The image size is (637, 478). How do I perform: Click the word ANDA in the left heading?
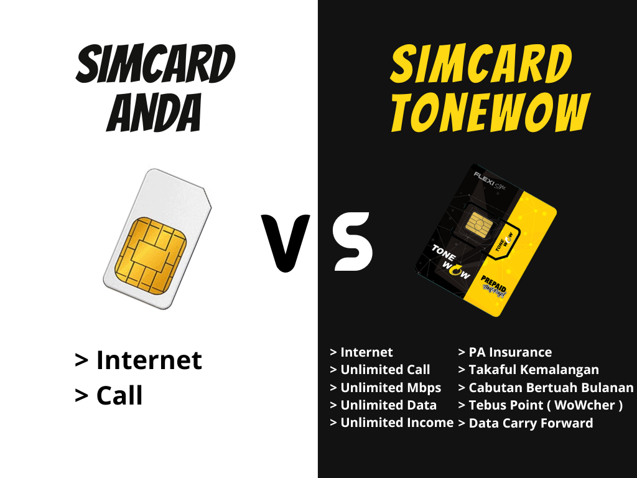point(154,112)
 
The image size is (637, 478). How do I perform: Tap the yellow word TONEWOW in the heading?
point(490,112)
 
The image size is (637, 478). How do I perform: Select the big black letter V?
point(286,243)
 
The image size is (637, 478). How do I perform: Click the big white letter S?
point(352,241)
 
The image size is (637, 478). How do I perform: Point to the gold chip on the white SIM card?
point(151,255)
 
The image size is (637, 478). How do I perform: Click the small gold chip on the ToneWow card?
point(479,225)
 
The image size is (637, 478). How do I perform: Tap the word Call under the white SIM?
point(119,395)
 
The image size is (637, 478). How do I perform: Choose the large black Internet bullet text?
point(139,360)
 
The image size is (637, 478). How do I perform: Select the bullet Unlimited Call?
point(380,370)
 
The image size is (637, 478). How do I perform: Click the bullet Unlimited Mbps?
point(386,388)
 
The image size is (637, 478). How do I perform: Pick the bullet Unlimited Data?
point(383,405)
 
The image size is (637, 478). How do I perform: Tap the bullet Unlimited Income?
point(392,423)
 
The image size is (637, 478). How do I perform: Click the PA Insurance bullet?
point(505,352)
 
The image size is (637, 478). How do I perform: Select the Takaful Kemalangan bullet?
point(529,370)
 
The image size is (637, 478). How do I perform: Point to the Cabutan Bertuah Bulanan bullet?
point(546,387)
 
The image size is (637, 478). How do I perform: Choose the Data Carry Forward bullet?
point(526,423)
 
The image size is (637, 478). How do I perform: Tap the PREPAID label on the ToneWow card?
point(493,283)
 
